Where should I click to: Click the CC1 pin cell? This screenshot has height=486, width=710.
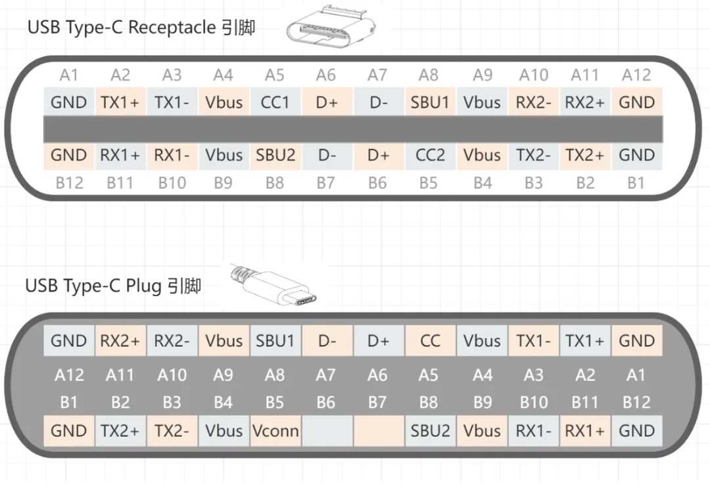click(x=275, y=102)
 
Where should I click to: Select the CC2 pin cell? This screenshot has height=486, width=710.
click(x=430, y=156)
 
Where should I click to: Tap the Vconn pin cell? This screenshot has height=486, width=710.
click(x=275, y=431)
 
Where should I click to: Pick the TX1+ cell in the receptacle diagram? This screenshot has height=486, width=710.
click(x=120, y=102)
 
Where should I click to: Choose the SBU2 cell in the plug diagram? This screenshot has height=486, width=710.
click(x=430, y=431)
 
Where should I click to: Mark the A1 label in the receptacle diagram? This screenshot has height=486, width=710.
click(x=69, y=75)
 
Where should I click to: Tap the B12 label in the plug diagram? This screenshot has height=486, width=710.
click(x=636, y=402)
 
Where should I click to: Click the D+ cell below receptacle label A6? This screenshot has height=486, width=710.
click(x=326, y=102)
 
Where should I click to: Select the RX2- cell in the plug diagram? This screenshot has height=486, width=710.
click(x=172, y=341)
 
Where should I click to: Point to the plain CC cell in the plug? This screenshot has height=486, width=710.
click(x=430, y=341)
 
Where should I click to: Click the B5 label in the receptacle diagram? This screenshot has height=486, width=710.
click(x=429, y=183)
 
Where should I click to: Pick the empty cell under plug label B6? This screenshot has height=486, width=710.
click(x=326, y=431)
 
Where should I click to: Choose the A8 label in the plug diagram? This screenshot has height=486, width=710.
click(x=275, y=375)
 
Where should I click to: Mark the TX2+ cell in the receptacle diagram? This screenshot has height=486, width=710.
click(x=585, y=156)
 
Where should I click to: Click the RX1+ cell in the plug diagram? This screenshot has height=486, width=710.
click(x=585, y=431)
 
